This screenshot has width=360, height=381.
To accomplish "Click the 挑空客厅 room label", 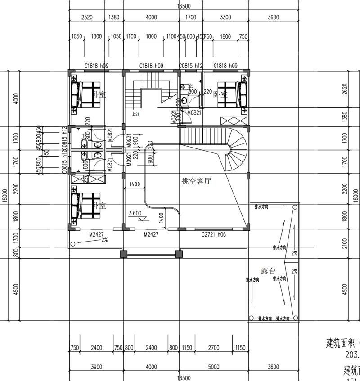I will (196, 181).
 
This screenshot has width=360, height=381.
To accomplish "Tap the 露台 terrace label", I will (268, 271).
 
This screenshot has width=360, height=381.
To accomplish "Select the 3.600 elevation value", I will (136, 214).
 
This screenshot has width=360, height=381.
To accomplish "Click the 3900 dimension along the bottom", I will (96, 367).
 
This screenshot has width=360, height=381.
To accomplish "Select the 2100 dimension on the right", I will (345, 243).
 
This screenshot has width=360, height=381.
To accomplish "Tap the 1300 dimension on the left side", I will (16, 237).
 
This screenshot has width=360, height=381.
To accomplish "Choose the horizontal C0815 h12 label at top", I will (191, 66).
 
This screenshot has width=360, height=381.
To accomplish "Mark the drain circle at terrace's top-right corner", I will (295, 207).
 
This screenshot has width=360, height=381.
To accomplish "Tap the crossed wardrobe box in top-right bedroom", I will (234, 121).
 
